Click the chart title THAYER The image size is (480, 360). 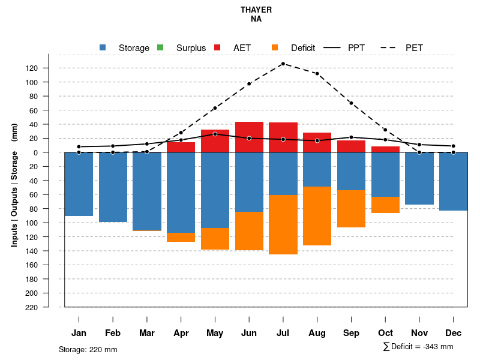coord(256,10)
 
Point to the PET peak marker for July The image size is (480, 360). coord(283,64)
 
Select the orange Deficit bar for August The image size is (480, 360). coord(317,216)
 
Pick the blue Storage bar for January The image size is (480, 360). coord(79,184)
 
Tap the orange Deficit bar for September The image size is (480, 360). coord(351,209)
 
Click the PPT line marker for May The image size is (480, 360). coord(215,134)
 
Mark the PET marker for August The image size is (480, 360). coord(317,74)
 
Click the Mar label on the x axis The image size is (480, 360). coord(147,333)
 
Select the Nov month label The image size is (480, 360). coord(419,333)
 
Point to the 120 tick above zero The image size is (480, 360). coord(49,68)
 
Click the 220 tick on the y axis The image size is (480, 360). coord(49,307)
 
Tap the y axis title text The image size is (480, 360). coord(14,185)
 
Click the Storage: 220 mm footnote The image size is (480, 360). coord(88,349)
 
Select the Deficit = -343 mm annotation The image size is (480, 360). coord(418,347)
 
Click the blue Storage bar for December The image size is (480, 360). coord(453,181)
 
